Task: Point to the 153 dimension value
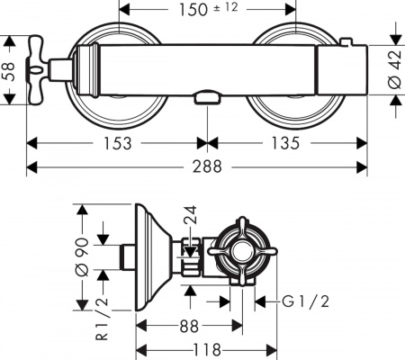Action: point(118,143)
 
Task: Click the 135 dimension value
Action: point(287,143)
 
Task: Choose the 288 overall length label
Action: point(206,167)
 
